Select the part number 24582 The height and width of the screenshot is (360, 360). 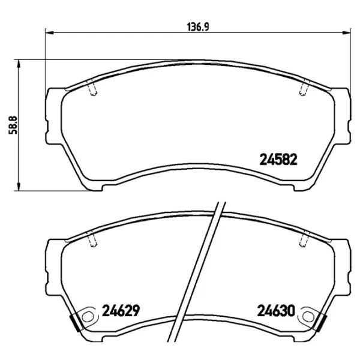tap(278, 160)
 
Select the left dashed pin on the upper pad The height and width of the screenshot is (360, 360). tap(92, 89)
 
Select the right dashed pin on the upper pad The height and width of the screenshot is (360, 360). tap(302, 89)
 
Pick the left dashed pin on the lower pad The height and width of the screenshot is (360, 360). tap(92, 240)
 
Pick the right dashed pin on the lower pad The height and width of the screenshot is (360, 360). tap(302, 240)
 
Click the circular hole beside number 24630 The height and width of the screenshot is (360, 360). tap(310, 314)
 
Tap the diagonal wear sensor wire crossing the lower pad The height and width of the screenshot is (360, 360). tap(200, 270)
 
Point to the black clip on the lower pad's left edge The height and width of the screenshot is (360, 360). tap(74, 322)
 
